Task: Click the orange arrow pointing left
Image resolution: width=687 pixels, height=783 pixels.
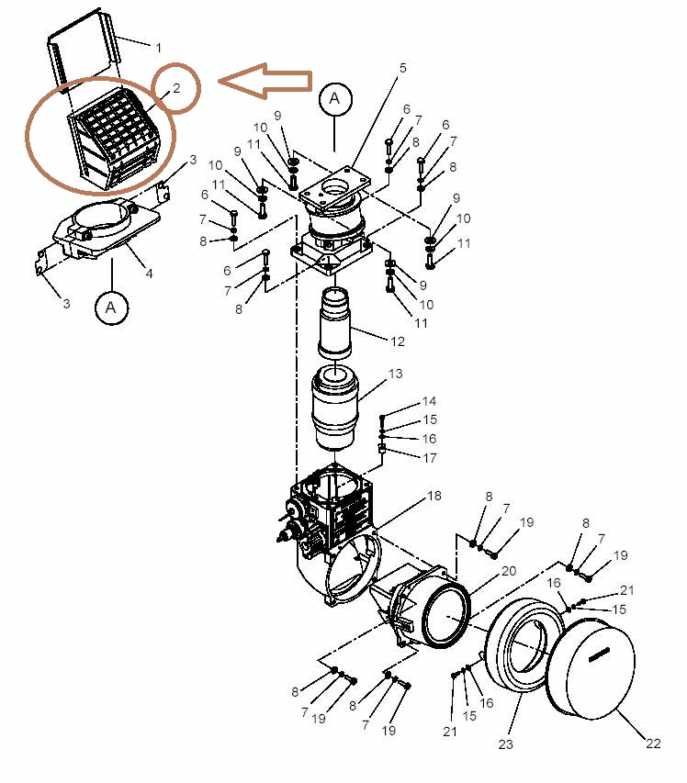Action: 265,81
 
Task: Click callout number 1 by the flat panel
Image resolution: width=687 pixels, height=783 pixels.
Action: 158,48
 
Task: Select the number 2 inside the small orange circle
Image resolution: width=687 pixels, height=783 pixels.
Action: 176,88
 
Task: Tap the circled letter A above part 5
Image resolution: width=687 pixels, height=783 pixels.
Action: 335,99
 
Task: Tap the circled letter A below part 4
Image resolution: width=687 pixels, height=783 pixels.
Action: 111,308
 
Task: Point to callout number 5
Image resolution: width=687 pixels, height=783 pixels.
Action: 402,68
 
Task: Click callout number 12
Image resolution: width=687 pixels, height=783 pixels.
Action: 397,341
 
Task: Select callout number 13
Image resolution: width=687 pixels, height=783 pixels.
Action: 395,374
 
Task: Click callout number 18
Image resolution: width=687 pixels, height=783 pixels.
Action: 434,496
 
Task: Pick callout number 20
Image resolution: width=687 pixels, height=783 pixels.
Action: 509,571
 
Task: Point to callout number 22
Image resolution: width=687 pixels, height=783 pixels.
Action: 653,744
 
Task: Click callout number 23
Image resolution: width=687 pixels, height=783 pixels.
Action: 506,744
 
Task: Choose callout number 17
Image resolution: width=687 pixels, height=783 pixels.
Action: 430,457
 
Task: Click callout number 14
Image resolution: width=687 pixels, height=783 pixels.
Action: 429,401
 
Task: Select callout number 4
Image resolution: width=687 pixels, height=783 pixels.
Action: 149,274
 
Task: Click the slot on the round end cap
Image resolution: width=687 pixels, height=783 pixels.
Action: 599,655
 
